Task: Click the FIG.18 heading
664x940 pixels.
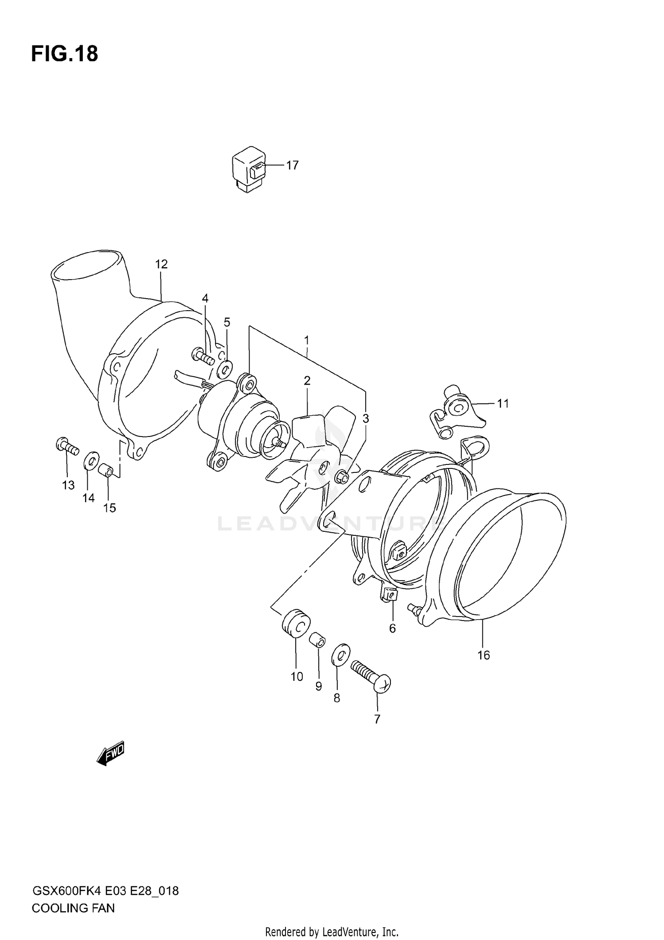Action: point(65,54)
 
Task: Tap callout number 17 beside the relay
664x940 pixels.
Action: point(292,165)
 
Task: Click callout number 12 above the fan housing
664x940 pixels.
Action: point(162,264)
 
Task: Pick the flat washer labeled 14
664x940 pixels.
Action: point(91,460)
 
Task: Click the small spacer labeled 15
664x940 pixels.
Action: point(106,469)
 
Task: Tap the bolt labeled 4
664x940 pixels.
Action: point(203,356)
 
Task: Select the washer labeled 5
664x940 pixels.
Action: point(225,367)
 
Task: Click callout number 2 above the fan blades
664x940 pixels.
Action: point(307,380)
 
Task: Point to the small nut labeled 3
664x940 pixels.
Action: point(342,477)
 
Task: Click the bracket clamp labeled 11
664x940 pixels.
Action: point(456,410)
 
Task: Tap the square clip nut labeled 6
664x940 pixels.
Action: point(389,594)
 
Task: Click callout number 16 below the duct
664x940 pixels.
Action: point(483,655)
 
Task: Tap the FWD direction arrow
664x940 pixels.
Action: point(111,753)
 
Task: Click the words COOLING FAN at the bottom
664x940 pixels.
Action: point(73,908)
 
